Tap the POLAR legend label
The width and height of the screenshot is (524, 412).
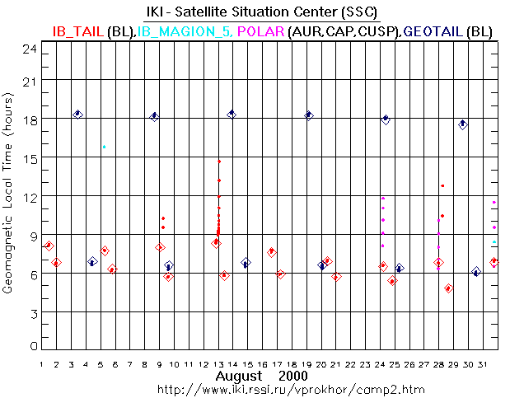click(260, 30)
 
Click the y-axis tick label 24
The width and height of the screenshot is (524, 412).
click(30, 49)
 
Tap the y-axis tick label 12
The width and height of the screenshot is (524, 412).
click(30, 195)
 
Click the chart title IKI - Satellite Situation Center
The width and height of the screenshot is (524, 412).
click(261, 12)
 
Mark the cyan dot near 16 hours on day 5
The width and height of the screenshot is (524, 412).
click(104, 147)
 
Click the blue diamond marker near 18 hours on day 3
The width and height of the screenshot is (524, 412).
click(77, 114)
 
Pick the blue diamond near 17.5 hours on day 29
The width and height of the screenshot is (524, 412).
click(463, 124)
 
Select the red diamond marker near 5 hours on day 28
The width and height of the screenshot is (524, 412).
click(448, 288)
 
